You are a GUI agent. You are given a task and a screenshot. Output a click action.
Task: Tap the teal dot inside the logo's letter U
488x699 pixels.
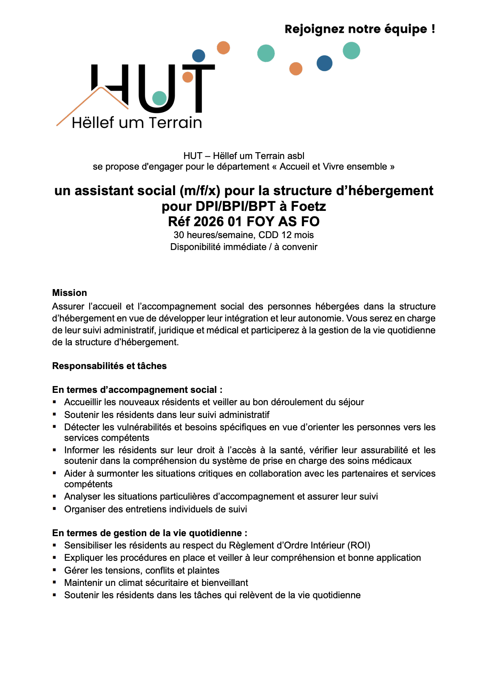coord(159,98)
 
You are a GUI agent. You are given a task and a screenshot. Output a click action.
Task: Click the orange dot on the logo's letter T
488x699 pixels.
coord(187,77)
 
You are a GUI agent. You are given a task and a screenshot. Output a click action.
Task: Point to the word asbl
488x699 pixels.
coord(295,156)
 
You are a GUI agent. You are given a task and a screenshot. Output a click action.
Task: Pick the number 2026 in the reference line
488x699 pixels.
coord(208,222)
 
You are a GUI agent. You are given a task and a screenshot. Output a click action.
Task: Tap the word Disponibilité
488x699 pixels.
coord(197,247)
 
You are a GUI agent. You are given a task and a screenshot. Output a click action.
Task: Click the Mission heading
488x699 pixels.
coord(69,293)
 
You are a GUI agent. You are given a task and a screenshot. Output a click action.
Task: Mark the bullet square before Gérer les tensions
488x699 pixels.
coord(54,570)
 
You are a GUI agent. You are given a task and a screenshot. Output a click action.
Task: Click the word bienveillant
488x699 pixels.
coord(224,582)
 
